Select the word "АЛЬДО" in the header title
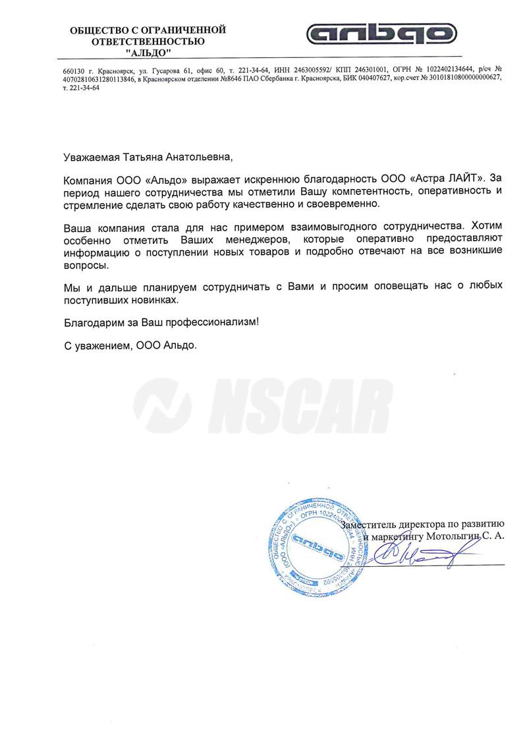[x=148, y=52]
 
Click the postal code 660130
[x=73, y=69]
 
